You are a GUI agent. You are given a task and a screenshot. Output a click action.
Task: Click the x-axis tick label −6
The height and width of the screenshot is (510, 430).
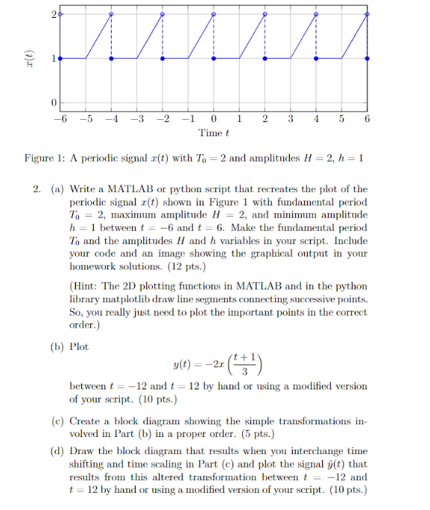(60, 119)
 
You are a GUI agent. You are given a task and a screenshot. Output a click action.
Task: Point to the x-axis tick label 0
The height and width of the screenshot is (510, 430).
(214, 119)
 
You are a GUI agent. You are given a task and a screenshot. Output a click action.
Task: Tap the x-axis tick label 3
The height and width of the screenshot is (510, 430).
(291, 119)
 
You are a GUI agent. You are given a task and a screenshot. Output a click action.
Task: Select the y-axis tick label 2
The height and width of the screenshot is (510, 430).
(53, 14)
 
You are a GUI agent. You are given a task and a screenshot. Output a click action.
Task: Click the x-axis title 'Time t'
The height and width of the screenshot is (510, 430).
(213, 133)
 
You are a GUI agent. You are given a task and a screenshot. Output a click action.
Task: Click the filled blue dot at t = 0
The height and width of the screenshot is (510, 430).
(214, 57)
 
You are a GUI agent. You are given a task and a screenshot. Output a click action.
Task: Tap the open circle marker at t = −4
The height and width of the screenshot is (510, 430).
(112, 14)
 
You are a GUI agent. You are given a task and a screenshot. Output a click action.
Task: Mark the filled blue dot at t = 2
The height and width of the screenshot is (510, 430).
(265, 57)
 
